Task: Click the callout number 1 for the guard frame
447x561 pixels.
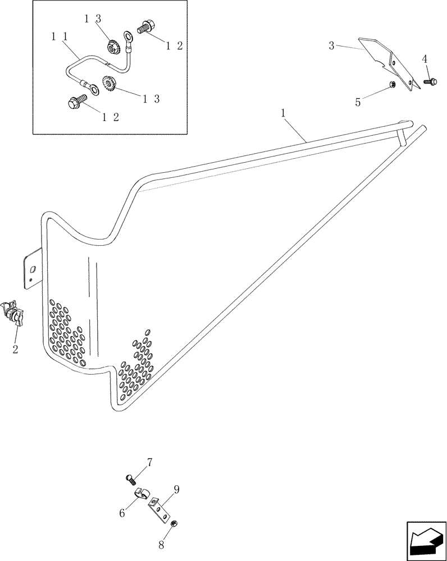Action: [284, 113]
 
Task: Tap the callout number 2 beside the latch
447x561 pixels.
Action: [16, 349]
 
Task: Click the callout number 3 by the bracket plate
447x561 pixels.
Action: [332, 45]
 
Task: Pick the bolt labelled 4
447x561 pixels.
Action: [428, 82]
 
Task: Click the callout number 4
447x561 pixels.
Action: [425, 59]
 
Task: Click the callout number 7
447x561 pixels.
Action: [149, 463]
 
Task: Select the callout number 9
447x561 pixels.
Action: [176, 489]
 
